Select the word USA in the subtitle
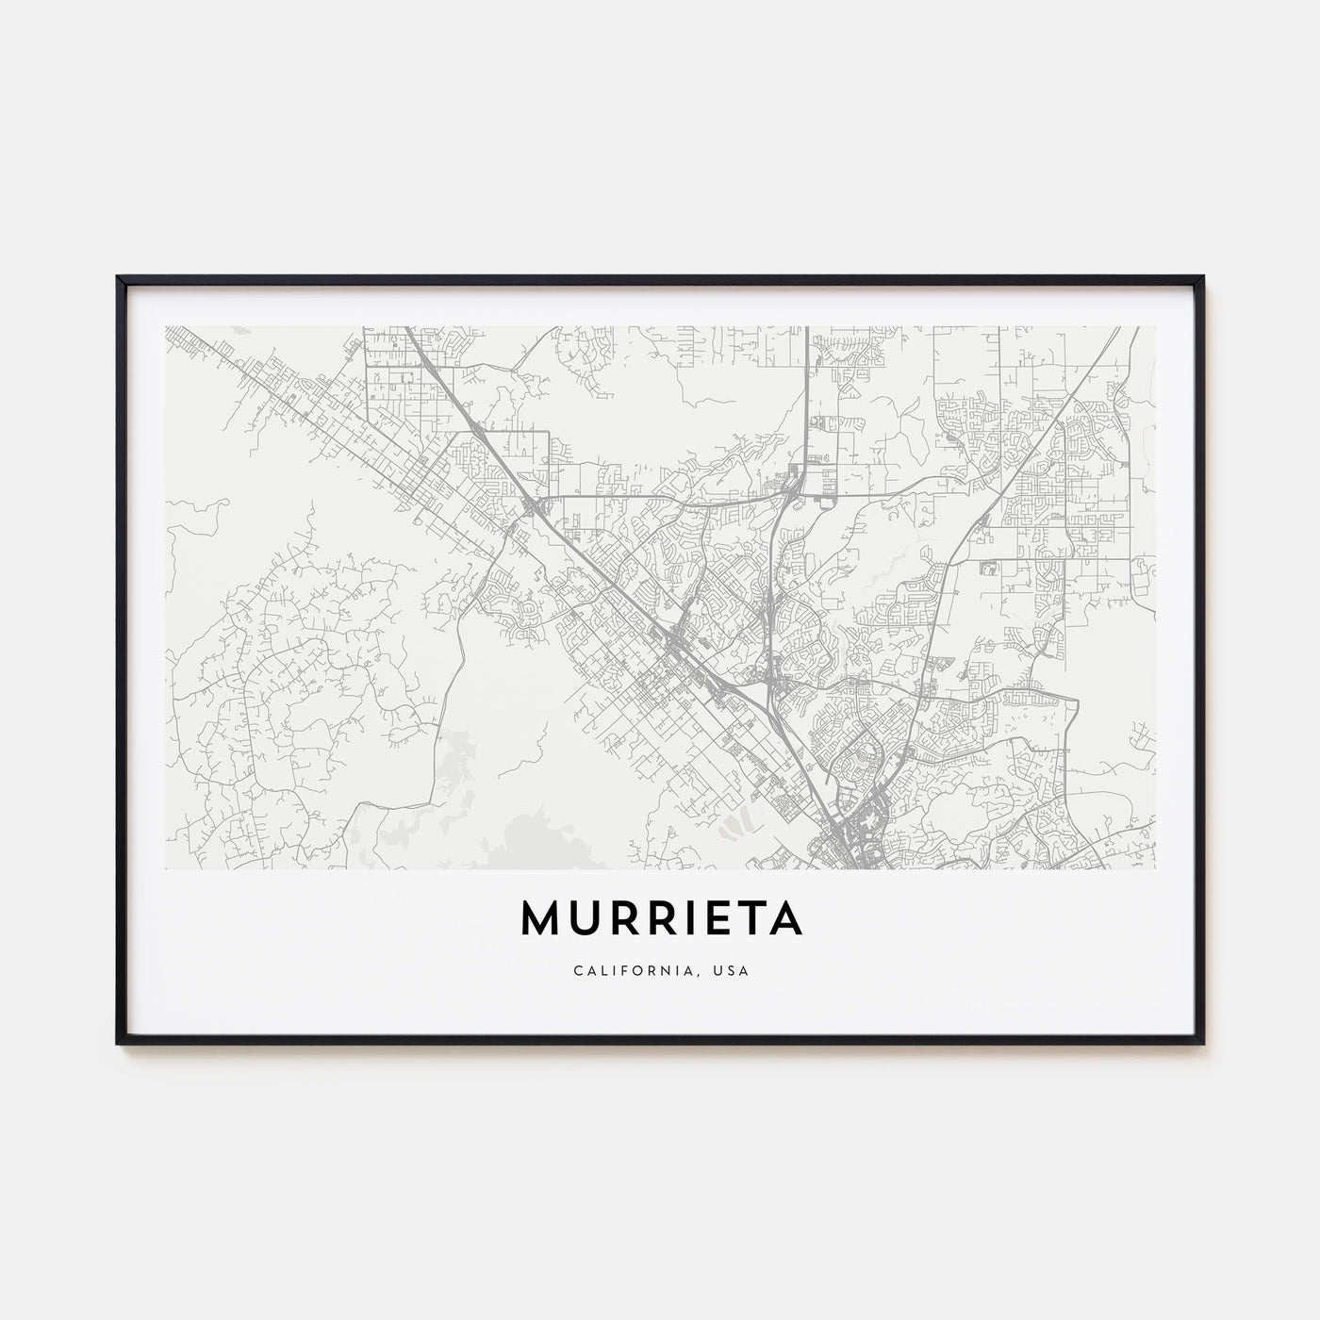pyautogui.click(x=733, y=970)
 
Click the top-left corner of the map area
pyautogui.click(x=166, y=327)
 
